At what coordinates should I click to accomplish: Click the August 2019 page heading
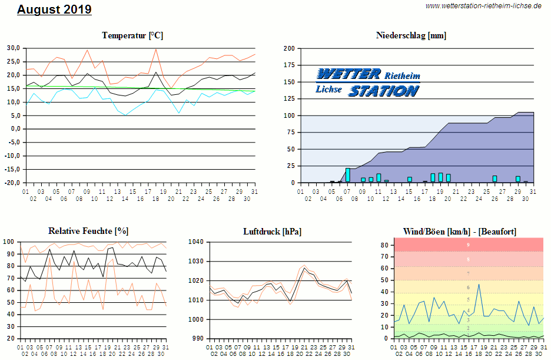click(x=54, y=9)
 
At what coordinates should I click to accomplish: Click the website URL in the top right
click(x=483, y=6)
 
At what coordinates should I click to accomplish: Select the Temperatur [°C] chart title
click(x=132, y=35)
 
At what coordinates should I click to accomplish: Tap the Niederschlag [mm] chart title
click(x=411, y=35)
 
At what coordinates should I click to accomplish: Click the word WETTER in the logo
click(x=348, y=74)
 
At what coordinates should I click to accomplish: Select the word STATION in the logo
click(x=383, y=91)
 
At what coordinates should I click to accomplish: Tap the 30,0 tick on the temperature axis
click(x=14, y=48)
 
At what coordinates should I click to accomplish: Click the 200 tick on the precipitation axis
click(x=289, y=48)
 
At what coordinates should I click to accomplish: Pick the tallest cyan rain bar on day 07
click(x=348, y=175)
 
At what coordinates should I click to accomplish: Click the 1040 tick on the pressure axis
click(x=196, y=242)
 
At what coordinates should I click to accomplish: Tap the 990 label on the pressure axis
click(x=198, y=339)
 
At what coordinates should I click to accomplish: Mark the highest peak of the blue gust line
click(x=479, y=285)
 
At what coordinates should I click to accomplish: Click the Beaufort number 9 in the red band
click(x=468, y=245)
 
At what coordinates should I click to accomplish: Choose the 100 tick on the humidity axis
click(x=9, y=242)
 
